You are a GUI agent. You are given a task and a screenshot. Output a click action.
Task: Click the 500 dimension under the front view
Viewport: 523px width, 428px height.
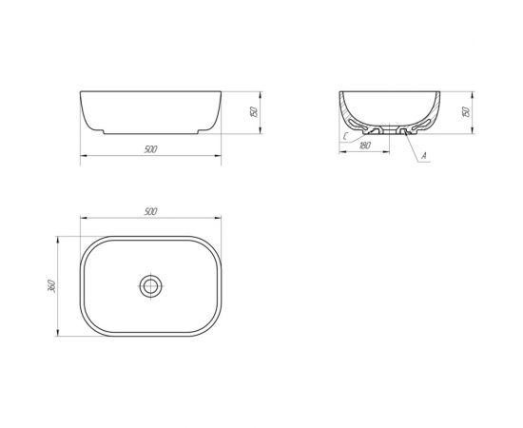(x=151, y=149)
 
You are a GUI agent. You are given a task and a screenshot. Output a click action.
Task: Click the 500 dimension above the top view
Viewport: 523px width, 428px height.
(x=151, y=211)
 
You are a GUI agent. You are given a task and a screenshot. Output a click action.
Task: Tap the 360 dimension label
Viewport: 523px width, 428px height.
(x=51, y=286)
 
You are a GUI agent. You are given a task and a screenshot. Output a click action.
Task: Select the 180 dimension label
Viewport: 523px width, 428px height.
(x=365, y=146)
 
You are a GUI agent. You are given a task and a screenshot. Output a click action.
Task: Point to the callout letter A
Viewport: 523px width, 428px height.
(x=424, y=155)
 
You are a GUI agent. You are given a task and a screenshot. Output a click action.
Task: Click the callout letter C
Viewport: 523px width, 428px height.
(x=346, y=136)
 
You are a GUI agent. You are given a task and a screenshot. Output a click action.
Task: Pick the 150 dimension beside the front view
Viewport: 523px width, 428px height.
(x=254, y=111)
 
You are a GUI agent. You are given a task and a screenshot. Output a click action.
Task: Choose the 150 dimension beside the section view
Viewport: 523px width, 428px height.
(x=466, y=111)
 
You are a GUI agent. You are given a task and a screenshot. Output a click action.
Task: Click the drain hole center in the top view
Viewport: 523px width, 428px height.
(x=151, y=286)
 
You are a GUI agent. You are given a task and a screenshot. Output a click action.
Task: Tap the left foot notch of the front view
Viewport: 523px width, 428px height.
(x=104, y=132)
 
